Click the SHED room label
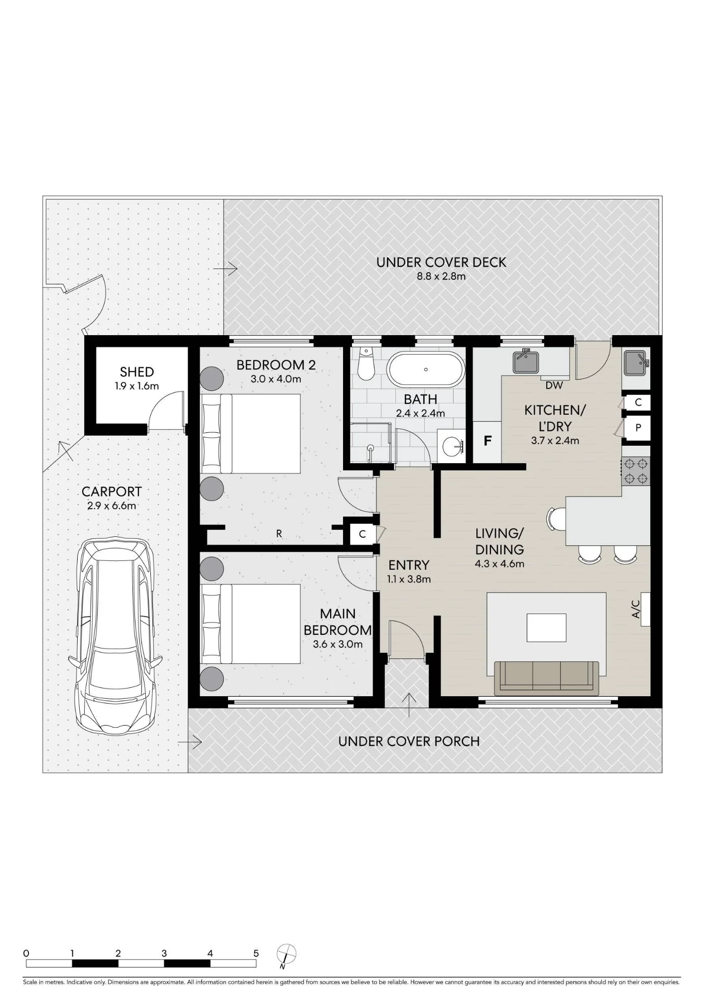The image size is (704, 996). click(x=137, y=372)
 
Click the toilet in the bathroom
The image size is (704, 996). click(x=366, y=362)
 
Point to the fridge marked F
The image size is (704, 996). click(x=487, y=441)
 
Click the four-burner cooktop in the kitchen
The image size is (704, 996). click(x=636, y=471)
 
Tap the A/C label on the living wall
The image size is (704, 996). click(x=636, y=609)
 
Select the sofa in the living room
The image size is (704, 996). click(x=547, y=678)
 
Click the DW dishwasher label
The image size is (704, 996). click(x=554, y=385)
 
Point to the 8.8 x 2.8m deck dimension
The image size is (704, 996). click(x=441, y=276)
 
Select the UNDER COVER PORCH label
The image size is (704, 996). click(x=409, y=741)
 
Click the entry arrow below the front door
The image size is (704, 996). click(x=409, y=704)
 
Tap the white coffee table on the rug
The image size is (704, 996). click(x=547, y=628)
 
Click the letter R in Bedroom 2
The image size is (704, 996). click(x=279, y=533)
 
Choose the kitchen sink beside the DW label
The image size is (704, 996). click(x=526, y=361)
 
